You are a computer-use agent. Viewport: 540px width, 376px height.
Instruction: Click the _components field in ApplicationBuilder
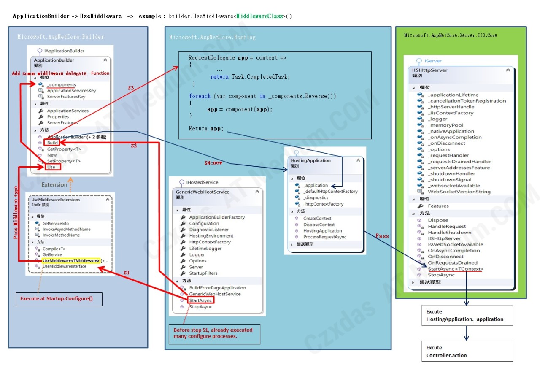(61, 85)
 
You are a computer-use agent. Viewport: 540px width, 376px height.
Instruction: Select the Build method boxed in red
(52, 143)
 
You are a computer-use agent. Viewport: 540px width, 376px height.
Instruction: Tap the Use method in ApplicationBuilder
(51, 167)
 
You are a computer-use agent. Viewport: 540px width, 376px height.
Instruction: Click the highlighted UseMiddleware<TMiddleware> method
(71, 260)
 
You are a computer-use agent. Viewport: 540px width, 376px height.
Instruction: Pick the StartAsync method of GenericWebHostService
(200, 300)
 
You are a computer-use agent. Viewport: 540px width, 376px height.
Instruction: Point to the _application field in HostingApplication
(315, 185)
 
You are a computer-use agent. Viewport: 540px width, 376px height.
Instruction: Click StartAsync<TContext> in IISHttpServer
(456, 269)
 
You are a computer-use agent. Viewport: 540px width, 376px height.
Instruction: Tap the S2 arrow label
(133, 146)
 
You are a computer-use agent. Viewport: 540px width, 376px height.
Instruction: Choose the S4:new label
(214, 163)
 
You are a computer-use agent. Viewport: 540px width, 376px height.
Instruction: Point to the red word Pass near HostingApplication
(382, 236)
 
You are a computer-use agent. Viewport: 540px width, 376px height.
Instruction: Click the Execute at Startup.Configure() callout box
(59, 299)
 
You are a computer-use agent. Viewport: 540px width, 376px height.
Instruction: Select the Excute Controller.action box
(467, 352)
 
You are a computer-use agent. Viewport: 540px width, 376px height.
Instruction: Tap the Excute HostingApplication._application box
(467, 315)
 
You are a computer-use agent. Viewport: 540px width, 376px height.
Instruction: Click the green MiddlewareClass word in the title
(259, 16)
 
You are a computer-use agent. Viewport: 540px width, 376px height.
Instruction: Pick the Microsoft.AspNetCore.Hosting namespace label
(212, 37)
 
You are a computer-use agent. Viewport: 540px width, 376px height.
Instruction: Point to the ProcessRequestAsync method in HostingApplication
(324, 237)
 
